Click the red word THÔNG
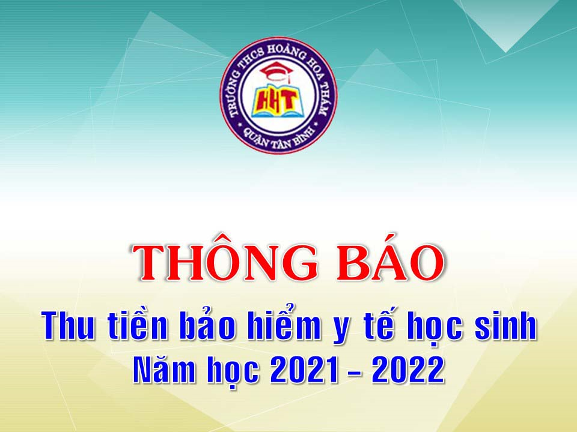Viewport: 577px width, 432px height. pos(225,259)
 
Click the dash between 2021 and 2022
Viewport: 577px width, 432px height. pos(355,373)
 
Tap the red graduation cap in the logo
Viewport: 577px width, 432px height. pos(276,71)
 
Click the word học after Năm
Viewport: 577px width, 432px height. pos(233,370)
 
